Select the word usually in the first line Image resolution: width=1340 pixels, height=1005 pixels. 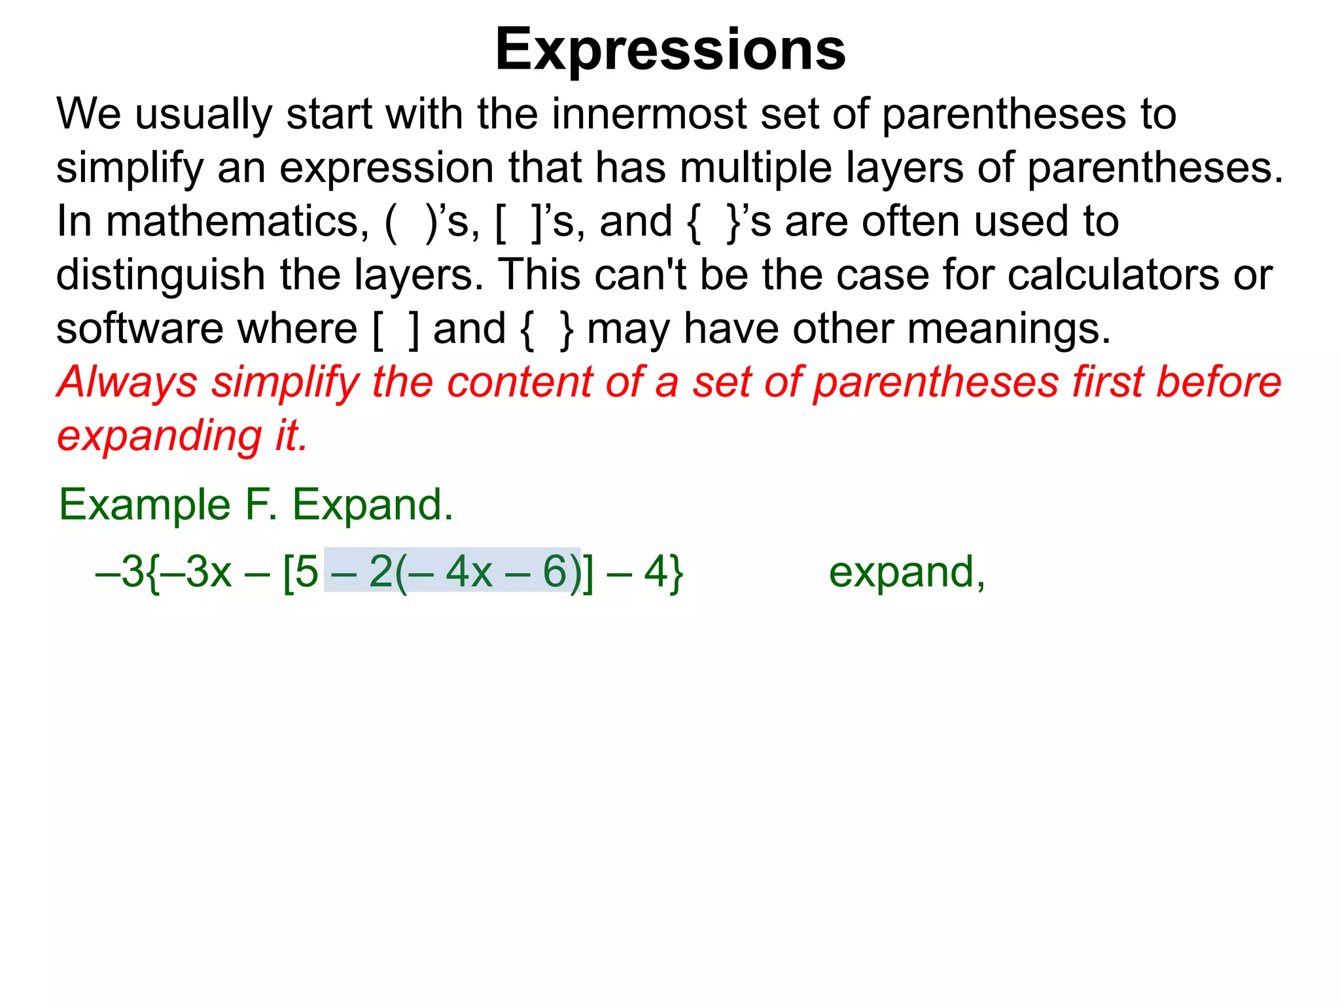(203, 115)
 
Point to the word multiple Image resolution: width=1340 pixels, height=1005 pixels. (756, 168)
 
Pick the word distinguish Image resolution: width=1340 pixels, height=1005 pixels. (161, 275)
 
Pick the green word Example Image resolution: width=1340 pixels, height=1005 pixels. (145, 505)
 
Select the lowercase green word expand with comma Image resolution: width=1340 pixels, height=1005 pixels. (907, 573)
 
